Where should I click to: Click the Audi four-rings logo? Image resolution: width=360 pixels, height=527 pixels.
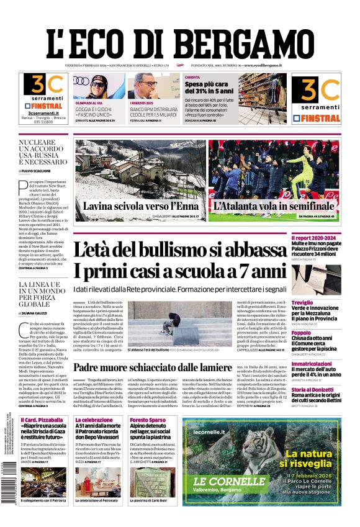(81, 81)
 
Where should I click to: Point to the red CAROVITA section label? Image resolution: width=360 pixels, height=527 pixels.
(193, 78)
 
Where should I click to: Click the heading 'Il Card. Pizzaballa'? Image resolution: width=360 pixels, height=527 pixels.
(40, 420)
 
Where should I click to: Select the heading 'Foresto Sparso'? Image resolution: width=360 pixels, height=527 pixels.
(148, 420)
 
